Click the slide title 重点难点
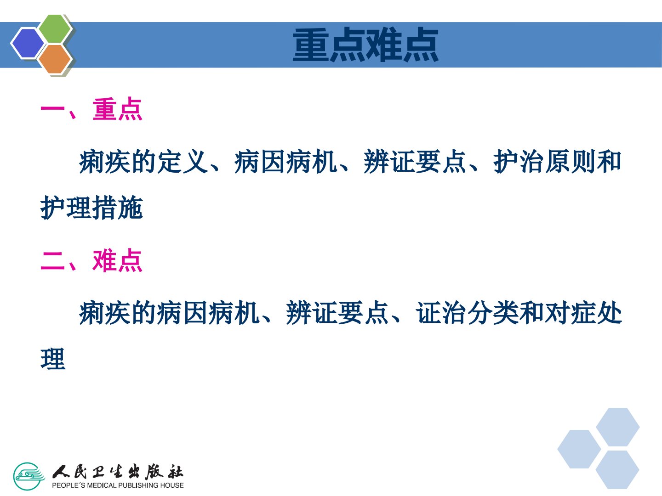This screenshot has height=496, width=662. [365, 45]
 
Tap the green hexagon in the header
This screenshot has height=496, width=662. [55, 28]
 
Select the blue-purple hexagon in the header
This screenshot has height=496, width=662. [28, 43]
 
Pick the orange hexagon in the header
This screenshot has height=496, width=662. [55, 59]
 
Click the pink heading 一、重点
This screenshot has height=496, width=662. [91, 109]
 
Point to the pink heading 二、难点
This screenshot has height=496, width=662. [91, 261]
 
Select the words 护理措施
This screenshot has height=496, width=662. [91, 208]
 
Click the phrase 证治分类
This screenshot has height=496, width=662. [467, 313]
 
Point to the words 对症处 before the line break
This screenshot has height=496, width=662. [583, 313]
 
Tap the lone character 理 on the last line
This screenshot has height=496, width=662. [53, 359]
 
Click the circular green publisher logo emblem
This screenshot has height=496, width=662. [29, 476]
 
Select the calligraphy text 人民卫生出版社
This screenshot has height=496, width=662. [118, 472]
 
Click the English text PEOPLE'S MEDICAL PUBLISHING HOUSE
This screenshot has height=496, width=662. [118, 485]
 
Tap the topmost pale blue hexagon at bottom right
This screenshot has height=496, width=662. [618, 427]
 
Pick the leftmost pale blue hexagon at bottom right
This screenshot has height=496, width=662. [579, 449]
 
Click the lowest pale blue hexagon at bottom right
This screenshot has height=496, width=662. [617, 470]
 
